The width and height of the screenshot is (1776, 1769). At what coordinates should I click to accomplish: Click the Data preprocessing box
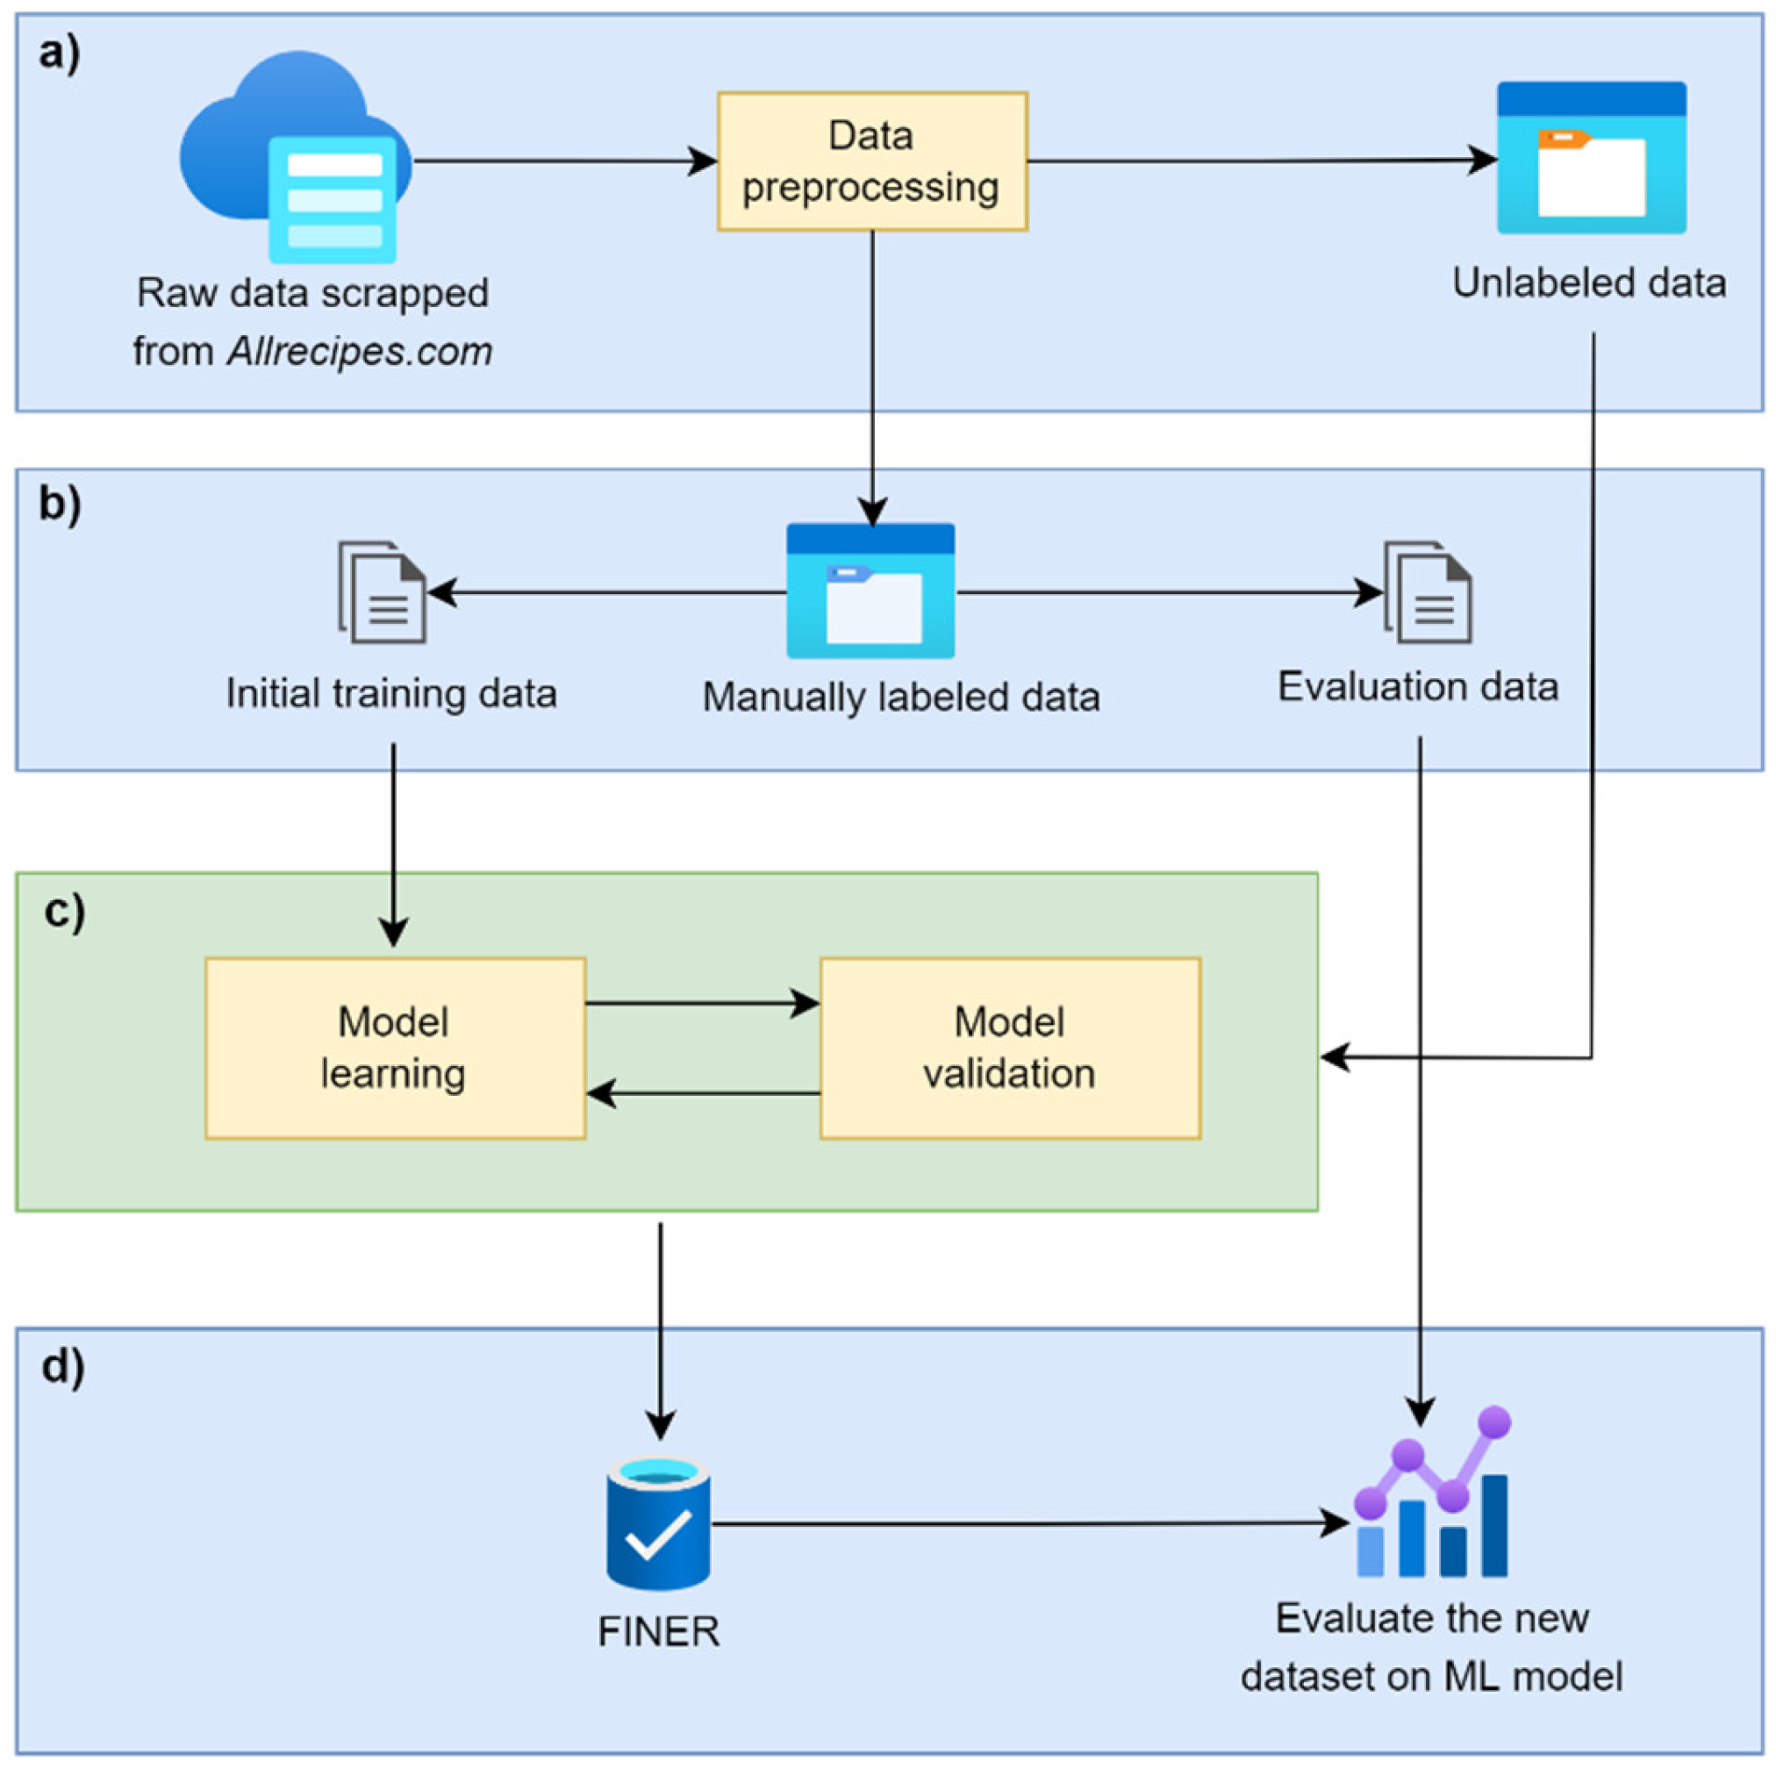pyautogui.click(x=871, y=161)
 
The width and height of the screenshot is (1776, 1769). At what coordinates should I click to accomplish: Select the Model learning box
pyautogui.click(x=395, y=1049)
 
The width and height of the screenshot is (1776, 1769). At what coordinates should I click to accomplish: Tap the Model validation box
pyautogui.click(x=1009, y=1049)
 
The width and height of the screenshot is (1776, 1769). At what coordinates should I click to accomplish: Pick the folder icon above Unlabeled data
pyautogui.click(x=1591, y=158)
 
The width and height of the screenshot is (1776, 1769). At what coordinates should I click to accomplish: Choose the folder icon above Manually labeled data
pyautogui.click(x=870, y=591)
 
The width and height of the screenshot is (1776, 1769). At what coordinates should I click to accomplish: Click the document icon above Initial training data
pyautogui.click(x=383, y=592)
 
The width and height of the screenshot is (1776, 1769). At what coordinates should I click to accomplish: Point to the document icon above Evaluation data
pyautogui.click(x=1428, y=592)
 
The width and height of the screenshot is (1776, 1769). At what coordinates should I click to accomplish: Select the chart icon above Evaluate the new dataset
pyautogui.click(x=1432, y=1497)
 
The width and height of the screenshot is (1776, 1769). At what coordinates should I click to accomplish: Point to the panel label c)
pyautogui.click(x=64, y=911)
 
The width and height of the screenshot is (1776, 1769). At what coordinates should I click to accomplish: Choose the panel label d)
pyautogui.click(x=63, y=1366)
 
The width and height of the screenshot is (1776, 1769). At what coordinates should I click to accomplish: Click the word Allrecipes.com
pyautogui.click(x=360, y=351)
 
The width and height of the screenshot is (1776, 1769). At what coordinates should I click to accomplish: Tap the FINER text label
pyautogui.click(x=658, y=1632)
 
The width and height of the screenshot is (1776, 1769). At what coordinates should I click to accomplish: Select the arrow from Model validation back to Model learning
pyautogui.click(x=703, y=1093)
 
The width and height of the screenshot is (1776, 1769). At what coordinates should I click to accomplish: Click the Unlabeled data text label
pyautogui.click(x=1588, y=283)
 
